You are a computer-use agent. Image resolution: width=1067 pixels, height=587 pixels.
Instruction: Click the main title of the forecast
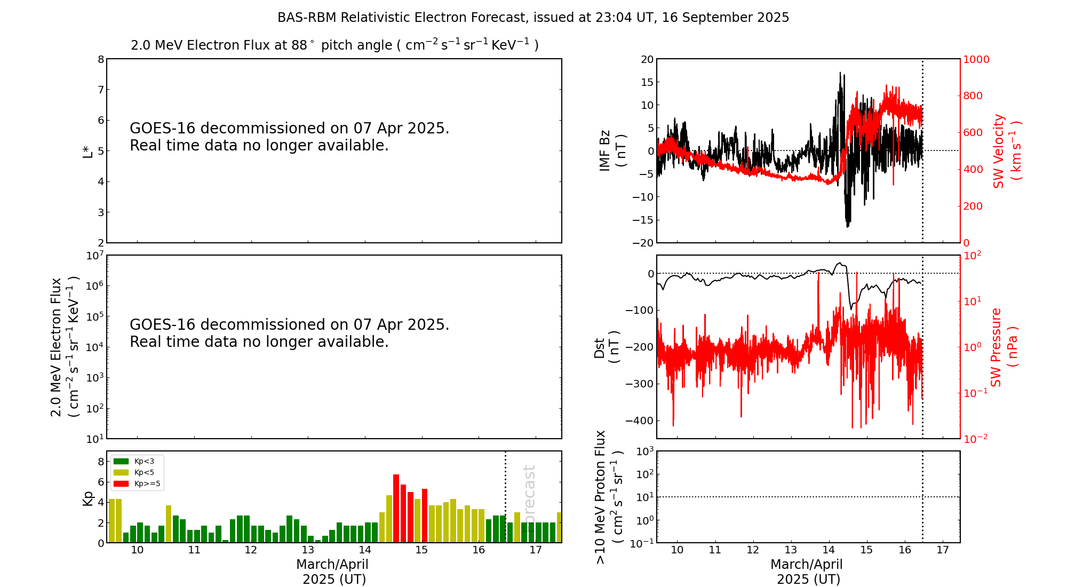(x=533, y=18)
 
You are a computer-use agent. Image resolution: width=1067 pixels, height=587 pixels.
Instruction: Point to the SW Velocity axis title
(x=1006, y=151)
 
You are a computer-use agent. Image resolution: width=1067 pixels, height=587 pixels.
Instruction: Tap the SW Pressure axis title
(x=1004, y=347)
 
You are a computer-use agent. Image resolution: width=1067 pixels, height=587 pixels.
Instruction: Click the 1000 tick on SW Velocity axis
(x=976, y=59)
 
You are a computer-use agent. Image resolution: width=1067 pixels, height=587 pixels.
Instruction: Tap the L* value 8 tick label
(x=101, y=59)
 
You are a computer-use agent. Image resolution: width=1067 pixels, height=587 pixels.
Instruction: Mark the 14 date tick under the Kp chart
(x=365, y=550)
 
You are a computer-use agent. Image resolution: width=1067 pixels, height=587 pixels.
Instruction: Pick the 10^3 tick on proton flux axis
(x=644, y=451)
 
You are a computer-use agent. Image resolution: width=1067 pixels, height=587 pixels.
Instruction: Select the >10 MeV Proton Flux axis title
(x=609, y=497)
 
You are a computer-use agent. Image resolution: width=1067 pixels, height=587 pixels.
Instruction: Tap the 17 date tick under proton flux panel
(x=943, y=550)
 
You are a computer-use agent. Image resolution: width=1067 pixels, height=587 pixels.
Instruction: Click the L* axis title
(x=88, y=151)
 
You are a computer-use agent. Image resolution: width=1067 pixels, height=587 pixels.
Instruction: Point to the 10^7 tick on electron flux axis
(x=94, y=256)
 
